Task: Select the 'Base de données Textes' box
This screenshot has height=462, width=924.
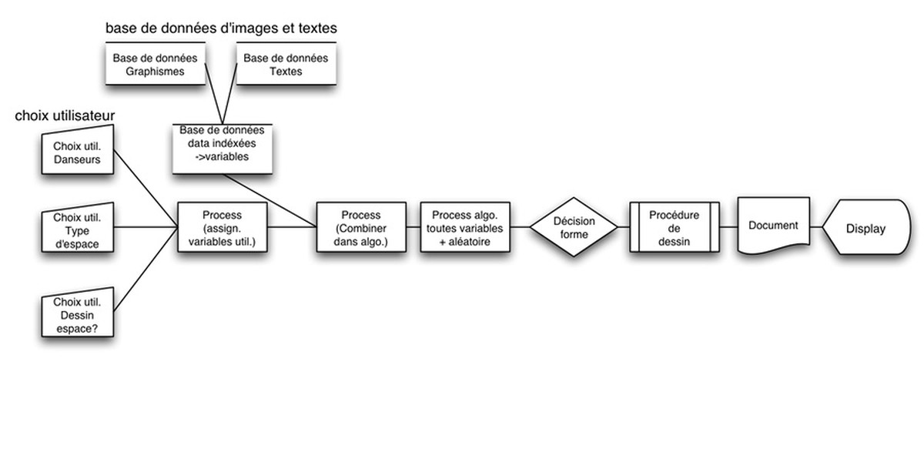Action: (286, 64)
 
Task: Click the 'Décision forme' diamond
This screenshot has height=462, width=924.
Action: (574, 227)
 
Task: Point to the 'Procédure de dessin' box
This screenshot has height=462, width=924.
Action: (674, 227)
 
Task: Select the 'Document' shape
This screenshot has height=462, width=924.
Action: (773, 226)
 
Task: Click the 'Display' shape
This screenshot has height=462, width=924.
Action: (866, 229)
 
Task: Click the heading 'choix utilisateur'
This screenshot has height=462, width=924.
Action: (65, 116)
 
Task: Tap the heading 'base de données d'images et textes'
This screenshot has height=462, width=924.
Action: (221, 28)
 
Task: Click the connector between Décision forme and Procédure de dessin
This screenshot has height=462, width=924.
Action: (624, 227)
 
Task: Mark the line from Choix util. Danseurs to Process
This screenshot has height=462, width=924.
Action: (146, 190)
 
